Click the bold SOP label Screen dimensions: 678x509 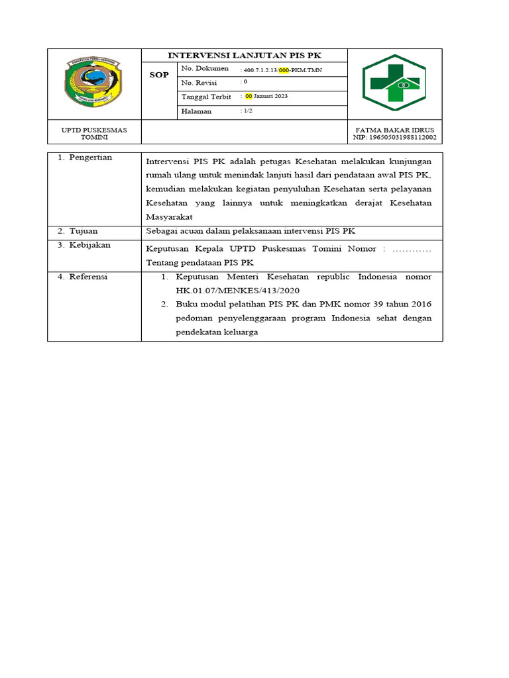(159, 75)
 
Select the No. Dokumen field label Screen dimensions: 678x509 (205, 69)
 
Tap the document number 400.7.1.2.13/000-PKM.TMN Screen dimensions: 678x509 (283, 70)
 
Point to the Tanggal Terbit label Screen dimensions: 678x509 (206, 97)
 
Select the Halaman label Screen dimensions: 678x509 (196, 111)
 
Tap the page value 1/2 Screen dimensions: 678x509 (247, 111)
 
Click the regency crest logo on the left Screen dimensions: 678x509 (93, 83)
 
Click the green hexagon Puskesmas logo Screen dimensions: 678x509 (394, 83)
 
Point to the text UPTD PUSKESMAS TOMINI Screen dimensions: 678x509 (93, 133)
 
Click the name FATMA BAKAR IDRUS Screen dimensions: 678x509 (395, 130)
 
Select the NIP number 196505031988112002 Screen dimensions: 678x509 (395, 138)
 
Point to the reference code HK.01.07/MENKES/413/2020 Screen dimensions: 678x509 (238, 291)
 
